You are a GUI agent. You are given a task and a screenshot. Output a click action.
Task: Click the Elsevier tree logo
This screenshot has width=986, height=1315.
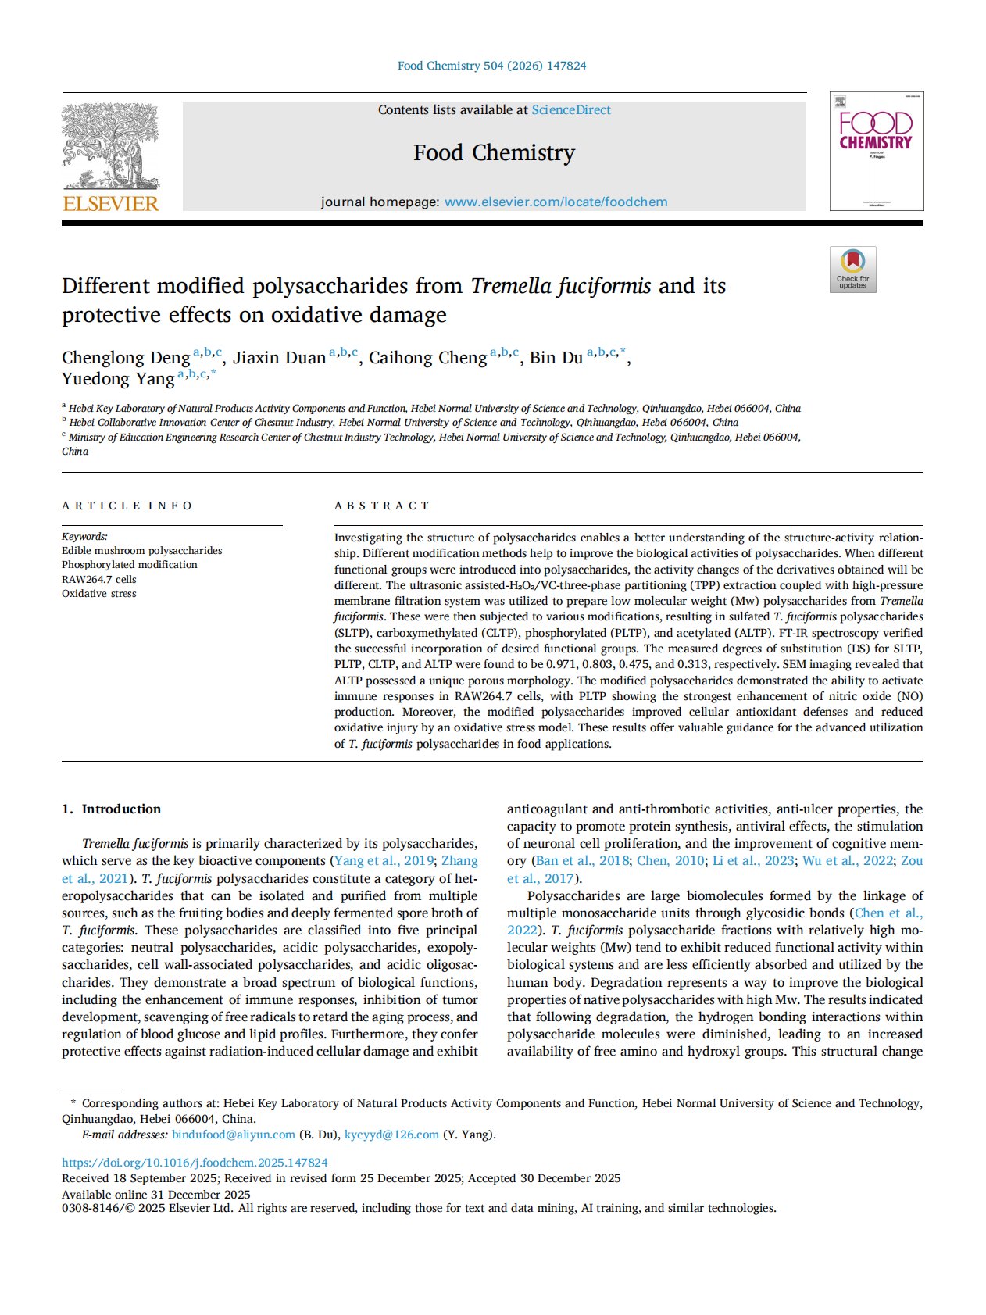110,148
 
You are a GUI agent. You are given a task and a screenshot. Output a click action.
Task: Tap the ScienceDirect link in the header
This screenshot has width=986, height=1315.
571,110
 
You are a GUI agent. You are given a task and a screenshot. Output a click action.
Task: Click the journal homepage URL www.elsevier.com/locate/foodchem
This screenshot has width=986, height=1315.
556,202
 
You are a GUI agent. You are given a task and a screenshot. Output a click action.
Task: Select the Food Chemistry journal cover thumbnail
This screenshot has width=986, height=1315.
876,151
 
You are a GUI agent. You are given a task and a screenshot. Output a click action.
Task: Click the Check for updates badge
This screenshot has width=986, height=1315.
852,270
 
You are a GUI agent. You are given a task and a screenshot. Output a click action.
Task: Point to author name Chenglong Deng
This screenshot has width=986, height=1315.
126,358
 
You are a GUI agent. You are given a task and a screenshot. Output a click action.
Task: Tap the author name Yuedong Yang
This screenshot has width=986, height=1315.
118,379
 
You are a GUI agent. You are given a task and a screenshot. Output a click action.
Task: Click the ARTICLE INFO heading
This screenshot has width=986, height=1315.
127,506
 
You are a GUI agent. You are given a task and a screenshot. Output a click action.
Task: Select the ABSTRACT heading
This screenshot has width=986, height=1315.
382,506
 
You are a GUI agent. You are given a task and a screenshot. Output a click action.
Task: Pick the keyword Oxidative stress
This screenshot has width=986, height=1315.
99,594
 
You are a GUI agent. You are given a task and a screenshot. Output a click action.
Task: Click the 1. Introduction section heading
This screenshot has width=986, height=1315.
111,809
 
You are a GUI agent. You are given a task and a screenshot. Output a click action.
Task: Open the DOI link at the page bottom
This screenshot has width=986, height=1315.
195,1163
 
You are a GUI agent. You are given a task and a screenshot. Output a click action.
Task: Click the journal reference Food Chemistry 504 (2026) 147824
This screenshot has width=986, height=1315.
492,66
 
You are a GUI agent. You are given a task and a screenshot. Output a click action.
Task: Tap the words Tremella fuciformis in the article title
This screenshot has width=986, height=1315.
560,286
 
